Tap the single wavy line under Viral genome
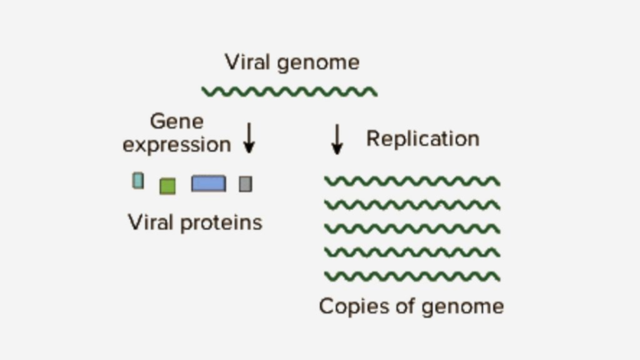(x=289, y=92)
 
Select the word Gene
(x=177, y=122)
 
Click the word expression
(x=177, y=144)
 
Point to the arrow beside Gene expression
(x=248, y=137)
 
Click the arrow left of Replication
(x=337, y=139)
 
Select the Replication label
(x=422, y=138)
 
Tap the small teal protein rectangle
(x=138, y=181)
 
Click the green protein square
(x=167, y=186)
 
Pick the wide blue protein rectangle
(x=208, y=183)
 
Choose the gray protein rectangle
(x=245, y=183)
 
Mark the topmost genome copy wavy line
(x=412, y=181)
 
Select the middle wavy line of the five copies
(x=412, y=228)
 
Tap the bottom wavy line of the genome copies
(x=412, y=276)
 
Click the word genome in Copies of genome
(x=462, y=307)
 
